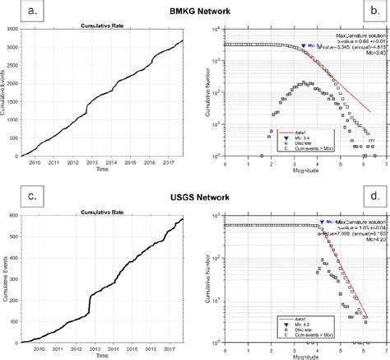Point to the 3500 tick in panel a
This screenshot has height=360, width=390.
click(x=15, y=30)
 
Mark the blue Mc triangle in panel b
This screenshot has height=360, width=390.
click(x=304, y=47)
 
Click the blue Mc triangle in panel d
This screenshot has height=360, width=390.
click(x=322, y=222)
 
